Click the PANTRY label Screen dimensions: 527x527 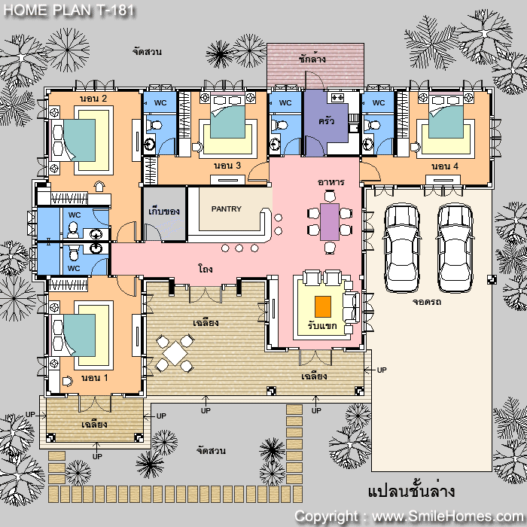(226, 209)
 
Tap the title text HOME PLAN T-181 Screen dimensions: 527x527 (69, 10)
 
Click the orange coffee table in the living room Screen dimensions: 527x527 (323, 306)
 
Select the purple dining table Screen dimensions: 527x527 (330, 222)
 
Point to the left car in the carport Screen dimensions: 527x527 (402, 248)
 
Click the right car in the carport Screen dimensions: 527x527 (455, 248)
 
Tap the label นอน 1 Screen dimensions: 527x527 (94, 378)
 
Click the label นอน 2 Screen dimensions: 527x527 (93, 99)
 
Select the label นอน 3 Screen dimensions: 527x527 (227, 166)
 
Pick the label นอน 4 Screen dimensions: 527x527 (445, 166)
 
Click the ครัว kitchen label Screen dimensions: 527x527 (326, 121)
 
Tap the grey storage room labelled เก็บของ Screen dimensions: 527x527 (165, 214)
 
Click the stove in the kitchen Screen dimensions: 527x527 (337, 98)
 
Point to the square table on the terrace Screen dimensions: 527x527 (175, 353)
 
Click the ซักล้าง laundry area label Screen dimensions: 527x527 (312, 59)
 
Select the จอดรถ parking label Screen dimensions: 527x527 (427, 302)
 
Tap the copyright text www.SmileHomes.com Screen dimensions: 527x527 (447, 516)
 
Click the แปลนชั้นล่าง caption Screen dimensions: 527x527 (411, 491)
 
